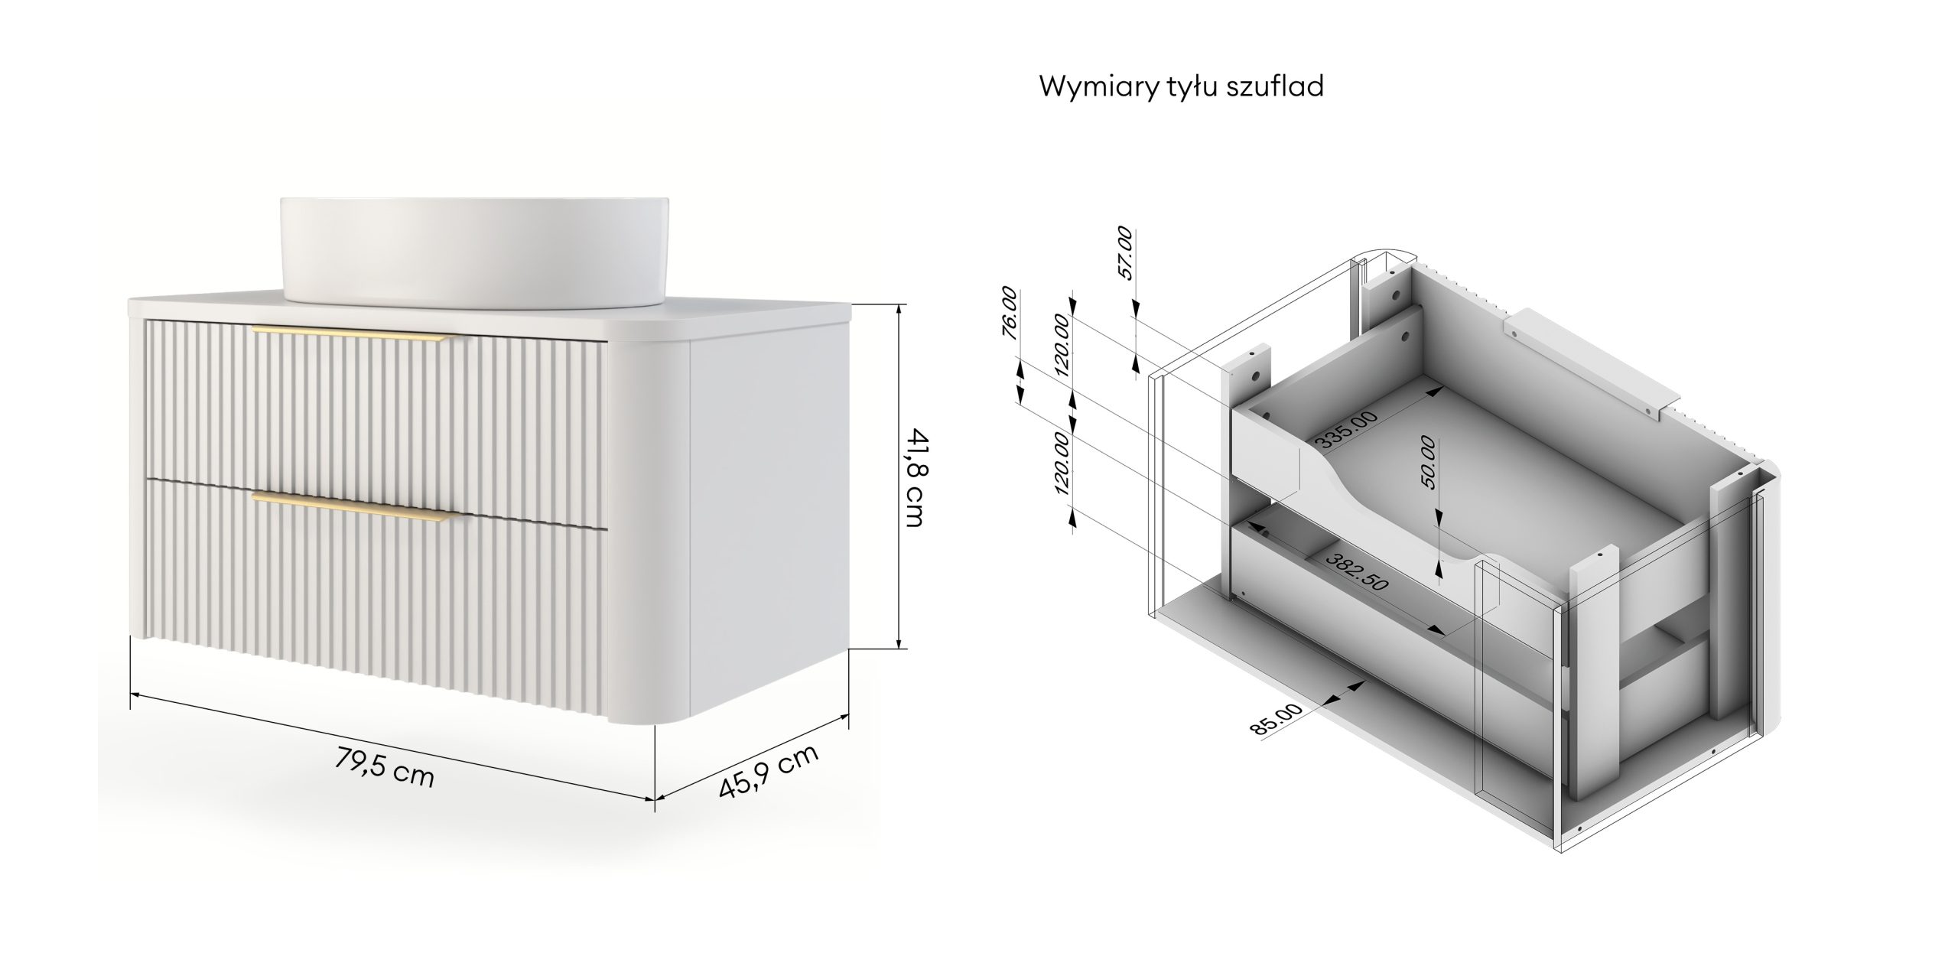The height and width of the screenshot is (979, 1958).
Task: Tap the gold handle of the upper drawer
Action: click(x=353, y=332)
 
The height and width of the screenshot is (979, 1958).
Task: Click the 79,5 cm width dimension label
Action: click(x=385, y=768)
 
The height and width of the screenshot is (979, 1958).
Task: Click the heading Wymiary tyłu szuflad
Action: click(x=1181, y=86)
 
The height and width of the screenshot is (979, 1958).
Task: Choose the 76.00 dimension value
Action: click(x=1010, y=313)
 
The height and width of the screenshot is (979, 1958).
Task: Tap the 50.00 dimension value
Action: click(x=1427, y=462)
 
